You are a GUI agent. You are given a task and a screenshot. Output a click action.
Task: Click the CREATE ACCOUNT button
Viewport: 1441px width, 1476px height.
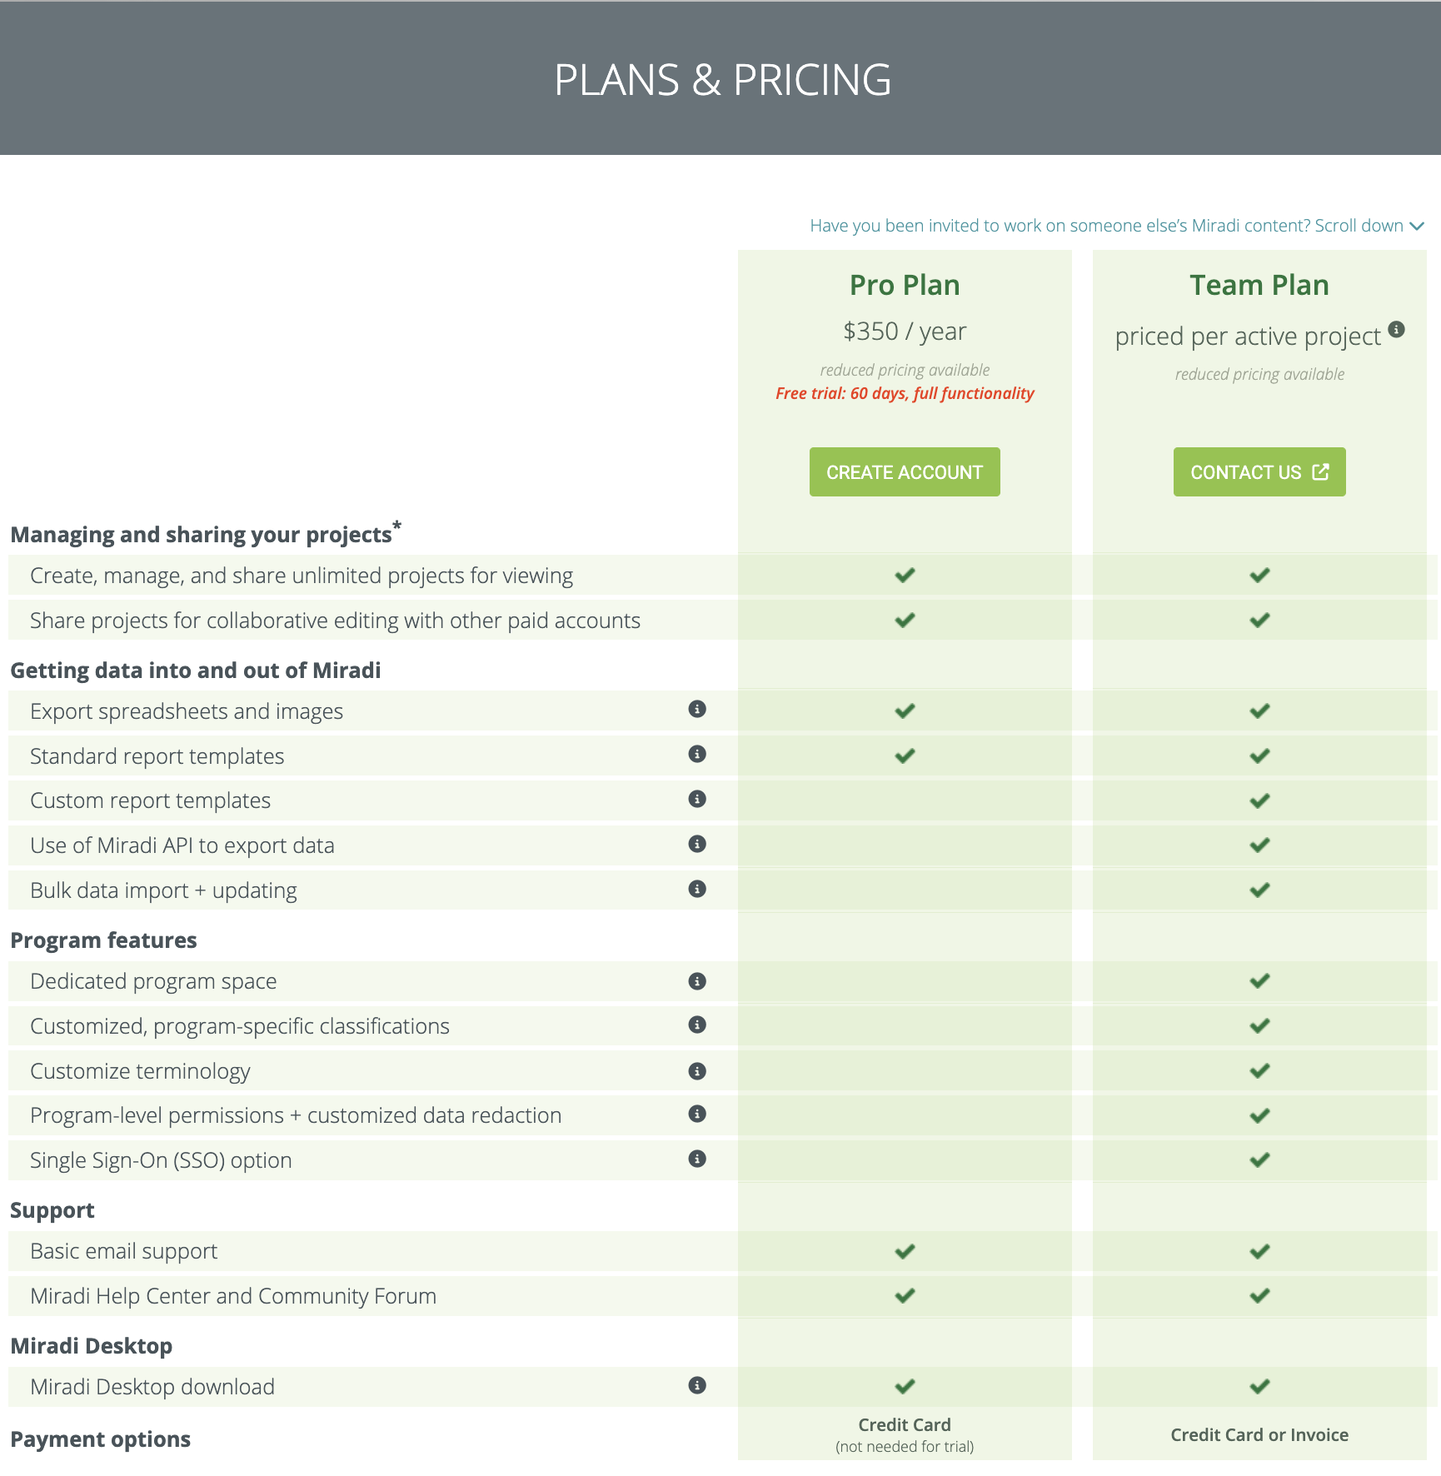point(905,472)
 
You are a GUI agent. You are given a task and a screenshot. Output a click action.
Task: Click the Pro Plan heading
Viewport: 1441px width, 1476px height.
point(905,285)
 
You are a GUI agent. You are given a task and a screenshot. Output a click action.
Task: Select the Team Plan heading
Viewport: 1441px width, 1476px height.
point(1259,285)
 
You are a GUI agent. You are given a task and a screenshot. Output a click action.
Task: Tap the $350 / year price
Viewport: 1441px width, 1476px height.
point(905,332)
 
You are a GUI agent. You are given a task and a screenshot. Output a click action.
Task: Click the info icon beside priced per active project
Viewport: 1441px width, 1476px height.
point(1397,329)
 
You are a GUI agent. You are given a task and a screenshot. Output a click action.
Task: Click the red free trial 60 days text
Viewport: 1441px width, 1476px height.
point(905,393)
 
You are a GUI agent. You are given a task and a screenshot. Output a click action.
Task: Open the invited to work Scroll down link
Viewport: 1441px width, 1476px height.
point(1116,226)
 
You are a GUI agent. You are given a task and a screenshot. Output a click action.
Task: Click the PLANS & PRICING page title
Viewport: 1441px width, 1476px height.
point(722,80)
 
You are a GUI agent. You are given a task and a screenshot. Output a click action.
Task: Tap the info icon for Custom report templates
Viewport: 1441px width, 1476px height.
point(697,799)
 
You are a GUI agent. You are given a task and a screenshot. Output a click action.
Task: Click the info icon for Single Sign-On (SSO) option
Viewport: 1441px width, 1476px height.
point(697,1159)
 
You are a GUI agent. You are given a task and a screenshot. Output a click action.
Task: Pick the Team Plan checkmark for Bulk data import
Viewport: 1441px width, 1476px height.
point(1259,890)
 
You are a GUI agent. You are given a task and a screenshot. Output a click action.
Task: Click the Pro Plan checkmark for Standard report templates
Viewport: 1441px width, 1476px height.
point(905,755)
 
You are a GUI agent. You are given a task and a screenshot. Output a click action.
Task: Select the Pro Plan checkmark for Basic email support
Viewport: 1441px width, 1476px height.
point(905,1251)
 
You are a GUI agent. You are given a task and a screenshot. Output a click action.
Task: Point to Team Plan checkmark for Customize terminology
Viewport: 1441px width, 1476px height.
point(1259,1070)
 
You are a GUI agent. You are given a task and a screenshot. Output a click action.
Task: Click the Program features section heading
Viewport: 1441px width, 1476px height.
point(103,940)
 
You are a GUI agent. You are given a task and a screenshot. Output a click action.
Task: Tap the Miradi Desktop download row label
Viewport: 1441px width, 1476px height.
point(152,1387)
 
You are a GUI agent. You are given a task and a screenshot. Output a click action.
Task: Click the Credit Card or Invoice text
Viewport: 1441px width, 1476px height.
point(1259,1434)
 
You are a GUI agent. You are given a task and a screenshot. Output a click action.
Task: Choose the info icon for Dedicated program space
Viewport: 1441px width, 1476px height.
point(697,981)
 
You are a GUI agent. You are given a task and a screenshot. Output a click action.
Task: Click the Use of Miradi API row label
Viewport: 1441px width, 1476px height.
point(182,845)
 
